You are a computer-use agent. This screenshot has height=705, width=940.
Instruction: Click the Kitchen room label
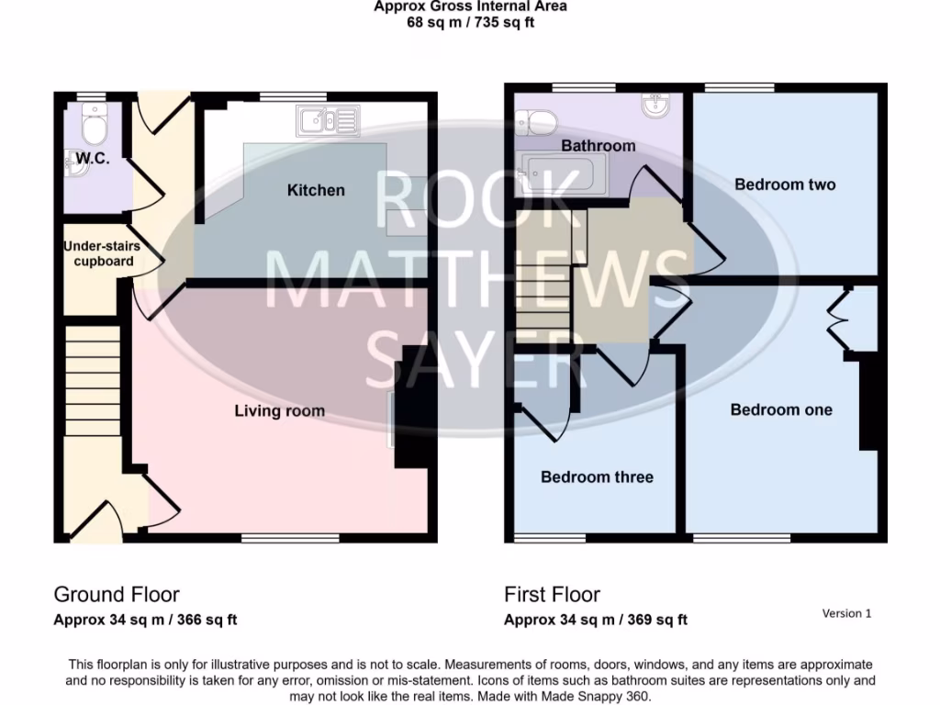(316, 190)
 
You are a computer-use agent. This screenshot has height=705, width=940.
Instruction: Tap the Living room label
(279, 410)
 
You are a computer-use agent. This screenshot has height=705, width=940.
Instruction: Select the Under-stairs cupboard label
(98, 253)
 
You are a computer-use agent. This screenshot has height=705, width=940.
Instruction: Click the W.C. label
(93, 159)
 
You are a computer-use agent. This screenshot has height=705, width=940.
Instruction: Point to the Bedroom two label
(785, 185)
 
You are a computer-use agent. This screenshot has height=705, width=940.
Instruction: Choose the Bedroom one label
(781, 409)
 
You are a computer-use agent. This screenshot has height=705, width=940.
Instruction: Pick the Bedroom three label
(597, 476)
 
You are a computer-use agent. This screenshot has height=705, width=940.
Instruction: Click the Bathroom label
(598, 146)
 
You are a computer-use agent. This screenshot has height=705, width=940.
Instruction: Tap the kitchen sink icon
(327, 119)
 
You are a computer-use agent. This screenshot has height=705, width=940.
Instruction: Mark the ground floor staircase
(92, 386)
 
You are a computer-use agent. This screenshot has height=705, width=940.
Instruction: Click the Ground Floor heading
(117, 595)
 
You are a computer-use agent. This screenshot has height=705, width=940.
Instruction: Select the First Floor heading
(552, 595)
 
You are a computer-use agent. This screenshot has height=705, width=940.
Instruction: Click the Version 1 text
(846, 613)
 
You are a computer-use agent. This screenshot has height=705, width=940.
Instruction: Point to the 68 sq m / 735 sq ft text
(470, 22)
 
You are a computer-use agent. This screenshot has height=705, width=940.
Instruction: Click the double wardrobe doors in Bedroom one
(842, 321)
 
